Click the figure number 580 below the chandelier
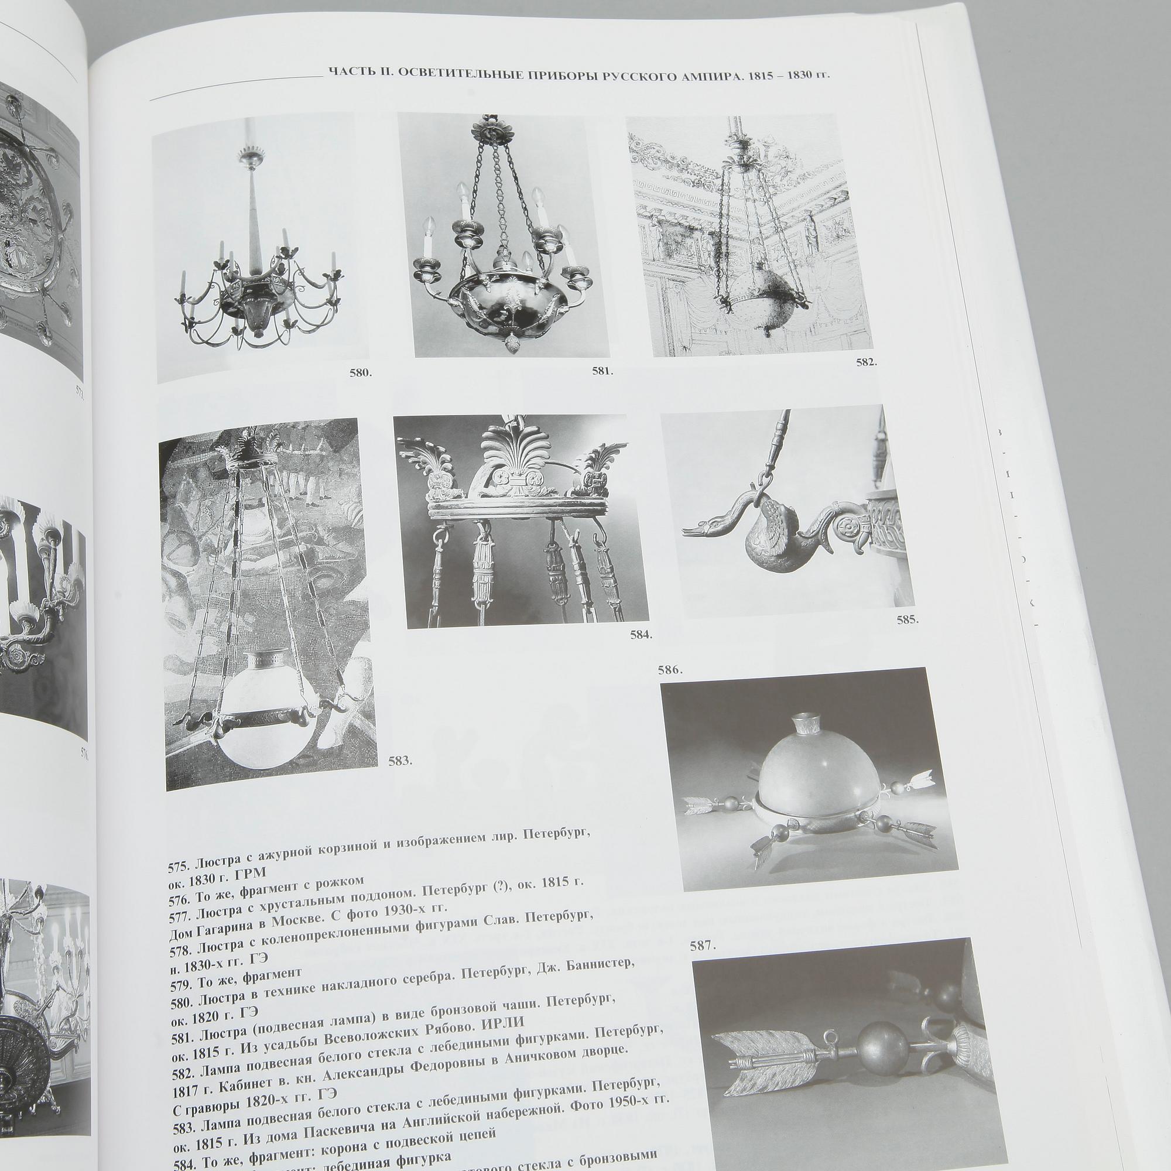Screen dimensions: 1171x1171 [361, 374]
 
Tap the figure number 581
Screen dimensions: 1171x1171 [602, 371]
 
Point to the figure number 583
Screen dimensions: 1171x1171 [400, 761]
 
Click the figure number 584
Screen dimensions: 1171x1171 [641, 635]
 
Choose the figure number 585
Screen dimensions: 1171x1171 [908, 619]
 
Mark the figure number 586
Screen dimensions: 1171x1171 [670, 670]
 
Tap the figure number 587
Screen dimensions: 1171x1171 [703, 946]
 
